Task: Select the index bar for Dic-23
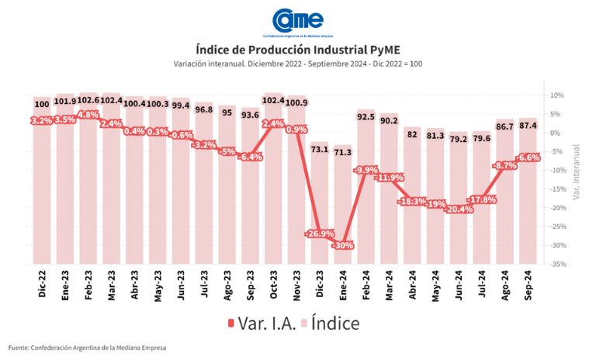[319, 202]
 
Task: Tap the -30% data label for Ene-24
[342, 245]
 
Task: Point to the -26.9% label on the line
[319, 233]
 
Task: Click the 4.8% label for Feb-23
[88, 114]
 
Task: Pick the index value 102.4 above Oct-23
[273, 100]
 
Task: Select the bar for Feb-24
[366, 186]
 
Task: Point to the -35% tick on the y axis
[557, 264]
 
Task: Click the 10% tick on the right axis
[557, 95]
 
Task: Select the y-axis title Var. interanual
[577, 171]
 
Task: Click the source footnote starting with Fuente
[88, 347]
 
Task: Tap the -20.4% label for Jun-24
[458, 209]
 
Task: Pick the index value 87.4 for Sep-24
[528, 125]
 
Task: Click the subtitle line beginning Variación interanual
[298, 64]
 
